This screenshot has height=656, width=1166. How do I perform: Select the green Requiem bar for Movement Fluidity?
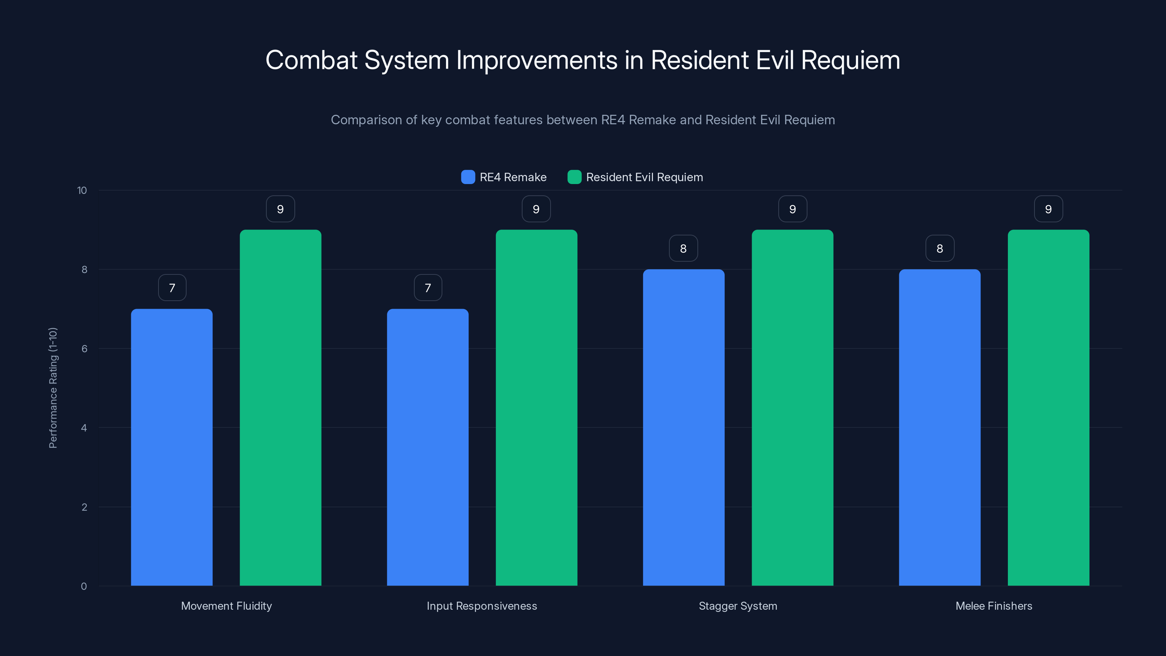pos(280,407)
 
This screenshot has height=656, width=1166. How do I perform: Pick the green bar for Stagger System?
pos(792,407)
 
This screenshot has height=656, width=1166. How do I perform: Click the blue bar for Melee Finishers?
pos(939,427)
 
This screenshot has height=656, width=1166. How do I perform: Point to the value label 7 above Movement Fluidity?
pos(172,288)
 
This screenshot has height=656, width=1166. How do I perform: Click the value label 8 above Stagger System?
pos(684,248)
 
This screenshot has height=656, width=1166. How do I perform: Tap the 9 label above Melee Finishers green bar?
pos(1048,209)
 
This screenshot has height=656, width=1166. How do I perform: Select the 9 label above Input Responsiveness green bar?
pos(536,209)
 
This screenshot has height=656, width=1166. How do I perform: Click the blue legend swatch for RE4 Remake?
pos(467,177)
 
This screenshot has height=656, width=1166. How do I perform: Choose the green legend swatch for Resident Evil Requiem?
pos(574,177)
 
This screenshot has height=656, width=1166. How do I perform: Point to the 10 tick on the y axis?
pos(82,190)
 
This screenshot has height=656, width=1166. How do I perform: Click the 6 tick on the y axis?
pos(84,349)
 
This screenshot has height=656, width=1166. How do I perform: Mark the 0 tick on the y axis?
pos(84,586)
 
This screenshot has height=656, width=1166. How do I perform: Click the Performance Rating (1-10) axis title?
pos(53,388)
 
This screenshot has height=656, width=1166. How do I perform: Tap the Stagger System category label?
pos(738,606)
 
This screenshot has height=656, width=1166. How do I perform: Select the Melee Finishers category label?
pos(994,606)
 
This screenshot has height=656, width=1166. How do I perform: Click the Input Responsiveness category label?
pos(482,606)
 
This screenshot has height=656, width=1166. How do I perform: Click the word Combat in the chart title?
pos(312,60)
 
